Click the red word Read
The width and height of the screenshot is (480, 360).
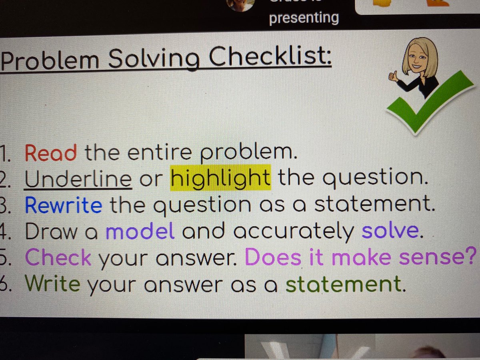coord(50,153)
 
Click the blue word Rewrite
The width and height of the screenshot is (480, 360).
coord(63,206)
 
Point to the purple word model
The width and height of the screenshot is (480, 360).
coord(140,232)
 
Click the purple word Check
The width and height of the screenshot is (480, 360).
coord(58,258)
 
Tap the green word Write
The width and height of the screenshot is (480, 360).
coord(52,284)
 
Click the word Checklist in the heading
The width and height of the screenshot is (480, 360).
coord(271,60)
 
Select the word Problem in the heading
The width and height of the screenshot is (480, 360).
coord(50,61)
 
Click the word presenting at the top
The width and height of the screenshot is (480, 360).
coord(304,18)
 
